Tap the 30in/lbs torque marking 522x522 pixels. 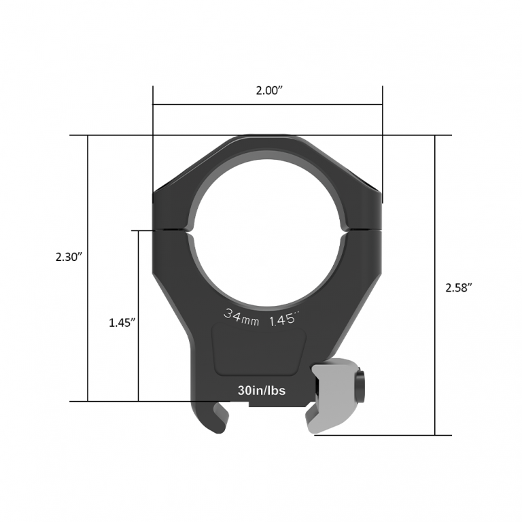tap(262, 391)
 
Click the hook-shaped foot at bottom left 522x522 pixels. tap(210, 417)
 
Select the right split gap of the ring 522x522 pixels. tap(364, 230)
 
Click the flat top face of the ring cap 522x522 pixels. tap(268, 139)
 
